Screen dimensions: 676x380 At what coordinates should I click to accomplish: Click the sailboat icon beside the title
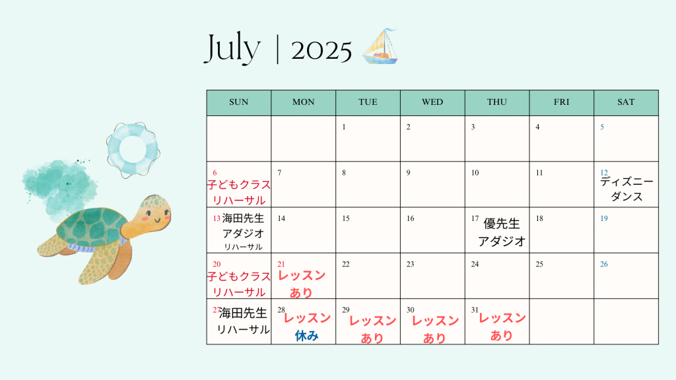click(x=380, y=47)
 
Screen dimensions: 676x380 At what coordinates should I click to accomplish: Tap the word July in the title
click(x=232, y=48)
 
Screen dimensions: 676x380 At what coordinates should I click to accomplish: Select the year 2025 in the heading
click(x=321, y=51)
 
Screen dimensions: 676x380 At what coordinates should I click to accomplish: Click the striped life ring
click(x=133, y=150)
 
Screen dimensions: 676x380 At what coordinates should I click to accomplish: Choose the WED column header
click(x=432, y=102)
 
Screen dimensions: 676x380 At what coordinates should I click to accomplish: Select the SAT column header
click(x=626, y=102)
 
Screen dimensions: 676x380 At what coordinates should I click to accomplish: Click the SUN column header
click(x=239, y=102)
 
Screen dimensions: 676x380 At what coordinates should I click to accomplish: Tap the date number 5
click(x=602, y=127)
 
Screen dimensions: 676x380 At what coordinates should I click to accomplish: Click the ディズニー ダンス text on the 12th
click(x=627, y=189)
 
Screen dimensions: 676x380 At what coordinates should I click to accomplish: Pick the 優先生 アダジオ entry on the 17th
click(x=502, y=232)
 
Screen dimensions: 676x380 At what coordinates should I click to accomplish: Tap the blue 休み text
click(x=306, y=336)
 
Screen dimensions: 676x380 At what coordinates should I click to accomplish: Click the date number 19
click(x=604, y=218)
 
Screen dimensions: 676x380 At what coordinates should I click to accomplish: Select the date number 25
click(x=539, y=264)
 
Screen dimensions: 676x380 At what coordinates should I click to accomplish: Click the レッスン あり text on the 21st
click(x=302, y=284)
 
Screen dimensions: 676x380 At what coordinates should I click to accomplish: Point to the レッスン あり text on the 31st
click(x=502, y=327)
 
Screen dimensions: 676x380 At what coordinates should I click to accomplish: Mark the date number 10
click(x=475, y=173)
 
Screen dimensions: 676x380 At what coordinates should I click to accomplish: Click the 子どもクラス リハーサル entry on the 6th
click(x=239, y=193)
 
